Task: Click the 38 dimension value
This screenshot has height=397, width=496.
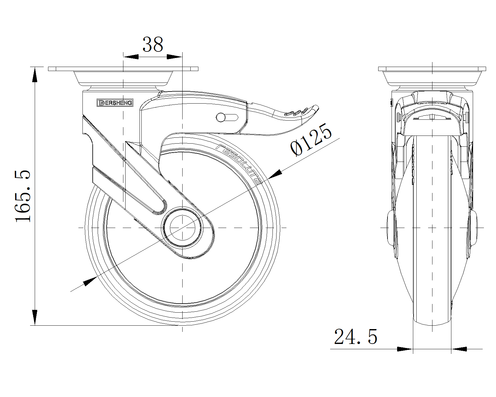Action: pos(153,44)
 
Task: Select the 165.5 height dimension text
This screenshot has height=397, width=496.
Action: pos(23,196)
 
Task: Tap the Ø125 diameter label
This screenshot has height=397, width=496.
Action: pos(311,140)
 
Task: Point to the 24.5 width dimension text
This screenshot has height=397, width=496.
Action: pos(356,337)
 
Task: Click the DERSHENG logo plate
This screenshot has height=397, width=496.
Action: pos(115,103)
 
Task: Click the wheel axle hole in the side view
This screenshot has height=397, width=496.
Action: pos(183,228)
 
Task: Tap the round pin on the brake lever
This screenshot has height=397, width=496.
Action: pos(221,118)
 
